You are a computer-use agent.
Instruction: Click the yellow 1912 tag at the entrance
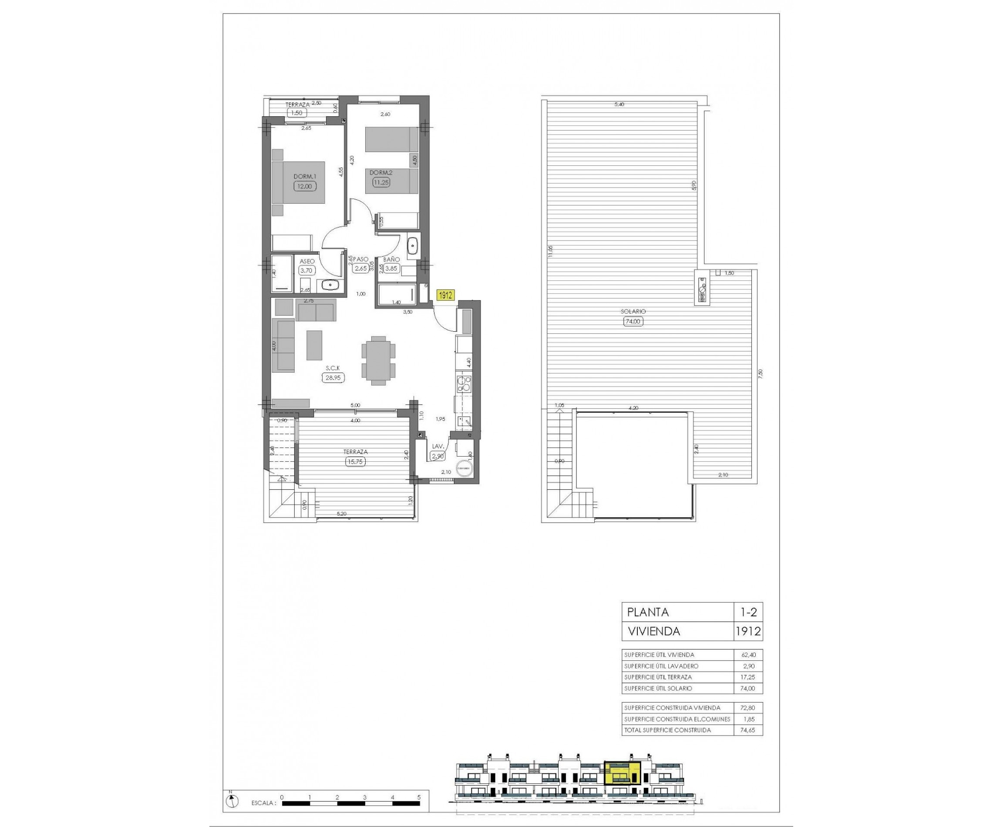tap(445, 296)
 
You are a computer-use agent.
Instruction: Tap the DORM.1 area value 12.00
tap(304, 186)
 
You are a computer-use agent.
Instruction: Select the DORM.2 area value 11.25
tap(381, 182)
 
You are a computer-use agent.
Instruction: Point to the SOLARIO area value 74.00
tap(633, 321)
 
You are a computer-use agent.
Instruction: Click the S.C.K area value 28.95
tap(333, 378)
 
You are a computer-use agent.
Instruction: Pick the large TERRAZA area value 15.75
tap(356, 461)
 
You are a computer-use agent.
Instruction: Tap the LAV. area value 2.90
tap(438, 456)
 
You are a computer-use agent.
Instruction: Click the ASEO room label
tap(307, 262)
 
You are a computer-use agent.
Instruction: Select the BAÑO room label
tap(391, 259)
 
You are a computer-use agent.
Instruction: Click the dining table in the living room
tap(378, 360)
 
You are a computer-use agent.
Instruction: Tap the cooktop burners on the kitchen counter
tap(464, 384)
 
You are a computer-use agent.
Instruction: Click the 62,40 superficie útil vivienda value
tap(749, 655)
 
